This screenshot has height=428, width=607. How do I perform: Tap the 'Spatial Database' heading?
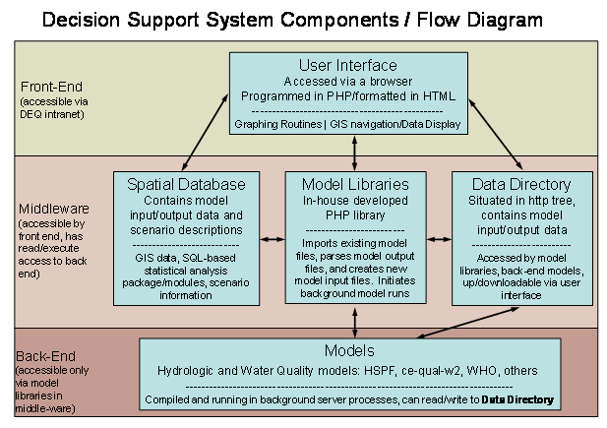coord(185,184)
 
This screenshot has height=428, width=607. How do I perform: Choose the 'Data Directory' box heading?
coord(521,184)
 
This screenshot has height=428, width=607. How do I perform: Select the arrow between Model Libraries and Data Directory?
coord(438,238)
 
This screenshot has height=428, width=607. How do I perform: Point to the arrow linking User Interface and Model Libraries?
coord(353,153)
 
